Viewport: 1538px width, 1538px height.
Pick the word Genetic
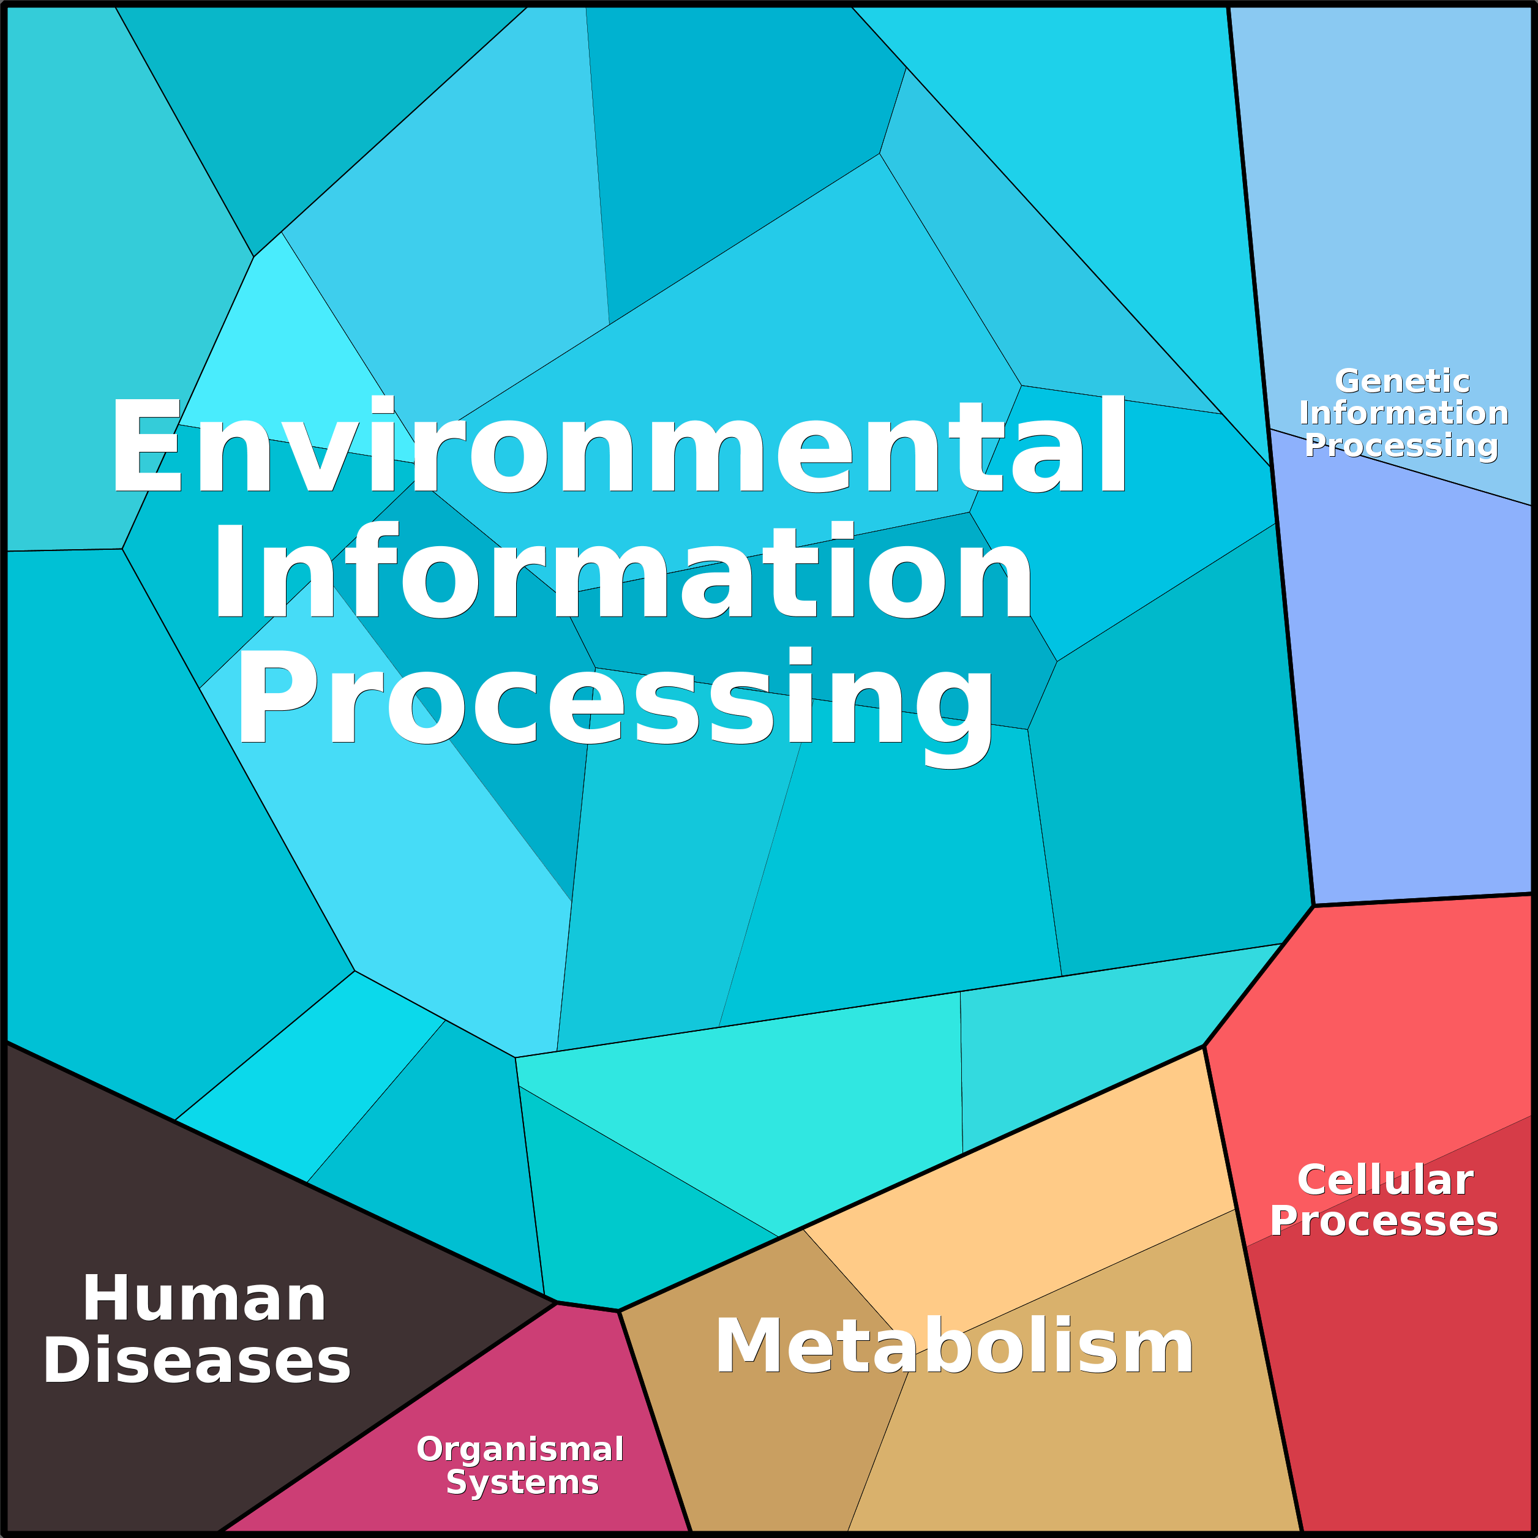coord(1402,381)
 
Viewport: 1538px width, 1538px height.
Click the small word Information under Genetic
coord(1403,413)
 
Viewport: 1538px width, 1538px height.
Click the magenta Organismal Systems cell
coord(478,1417)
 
